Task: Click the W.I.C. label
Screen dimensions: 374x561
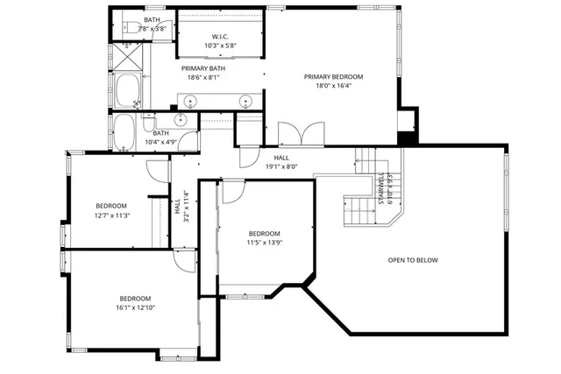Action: tap(219, 36)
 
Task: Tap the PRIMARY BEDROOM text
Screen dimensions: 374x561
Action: tap(333, 77)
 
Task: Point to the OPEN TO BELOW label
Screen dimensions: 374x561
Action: tap(413, 260)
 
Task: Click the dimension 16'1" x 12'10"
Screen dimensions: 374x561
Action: tap(136, 307)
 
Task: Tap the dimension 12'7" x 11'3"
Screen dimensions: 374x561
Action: tap(111, 215)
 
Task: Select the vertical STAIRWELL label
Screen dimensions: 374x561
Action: tap(381, 188)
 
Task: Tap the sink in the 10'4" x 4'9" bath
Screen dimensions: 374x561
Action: tap(182, 121)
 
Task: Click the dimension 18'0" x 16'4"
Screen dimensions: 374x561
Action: tap(333, 87)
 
